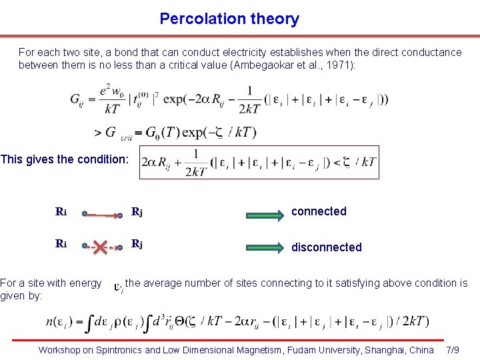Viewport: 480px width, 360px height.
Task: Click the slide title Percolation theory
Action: tap(229, 19)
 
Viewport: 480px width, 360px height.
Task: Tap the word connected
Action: tap(319, 211)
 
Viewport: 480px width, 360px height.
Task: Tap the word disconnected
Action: tap(327, 247)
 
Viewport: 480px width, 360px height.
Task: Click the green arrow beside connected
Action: tap(265, 214)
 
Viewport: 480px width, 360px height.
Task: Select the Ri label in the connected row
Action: tap(61, 213)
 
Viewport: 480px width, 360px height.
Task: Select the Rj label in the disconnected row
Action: tap(137, 244)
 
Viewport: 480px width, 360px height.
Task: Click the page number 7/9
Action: tap(452, 349)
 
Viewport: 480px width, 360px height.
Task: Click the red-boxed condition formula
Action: tap(259, 163)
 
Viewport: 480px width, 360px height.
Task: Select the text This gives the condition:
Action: tap(64, 159)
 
